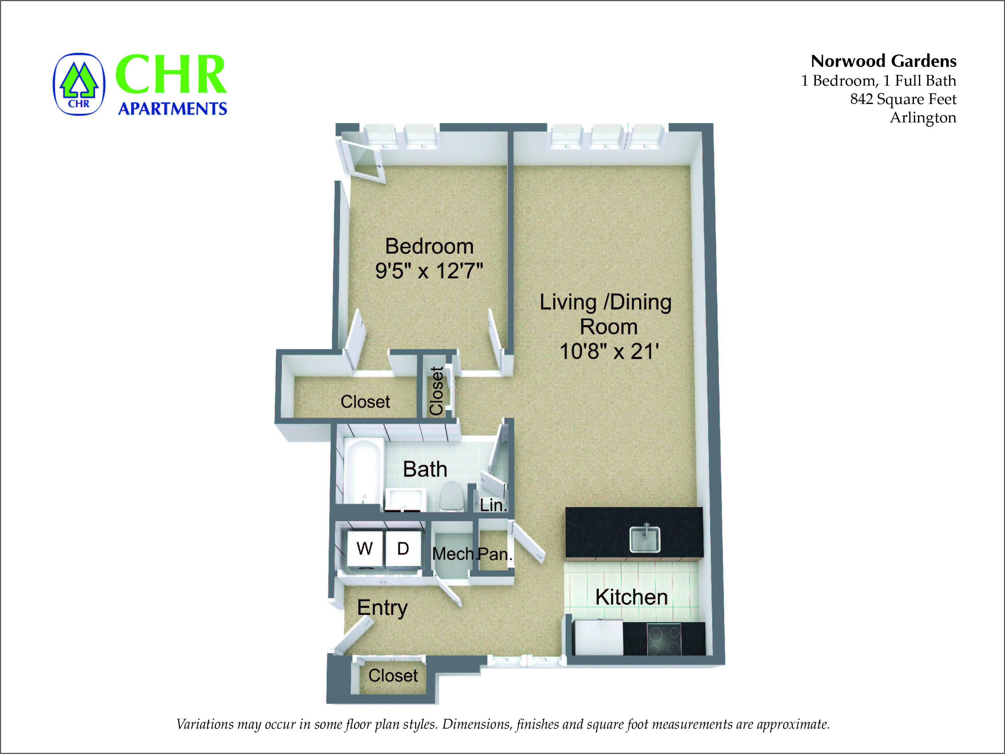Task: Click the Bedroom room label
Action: (429, 247)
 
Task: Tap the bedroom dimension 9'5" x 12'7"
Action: (429, 271)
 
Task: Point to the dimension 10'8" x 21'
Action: (609, 352)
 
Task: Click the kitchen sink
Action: (644, 540)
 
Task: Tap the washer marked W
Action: (365, 549)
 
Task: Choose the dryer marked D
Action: (403, 549)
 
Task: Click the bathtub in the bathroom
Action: (362, 470)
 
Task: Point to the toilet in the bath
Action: (451, 497)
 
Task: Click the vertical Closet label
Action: (436, 391)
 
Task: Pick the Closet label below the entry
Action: (393, 676)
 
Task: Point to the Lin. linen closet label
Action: (493, 505)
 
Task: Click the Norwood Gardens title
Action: (883, 61)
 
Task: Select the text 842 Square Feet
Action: (903, 99)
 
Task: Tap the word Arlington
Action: (923, 118)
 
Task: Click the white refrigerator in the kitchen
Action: (598, 638)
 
